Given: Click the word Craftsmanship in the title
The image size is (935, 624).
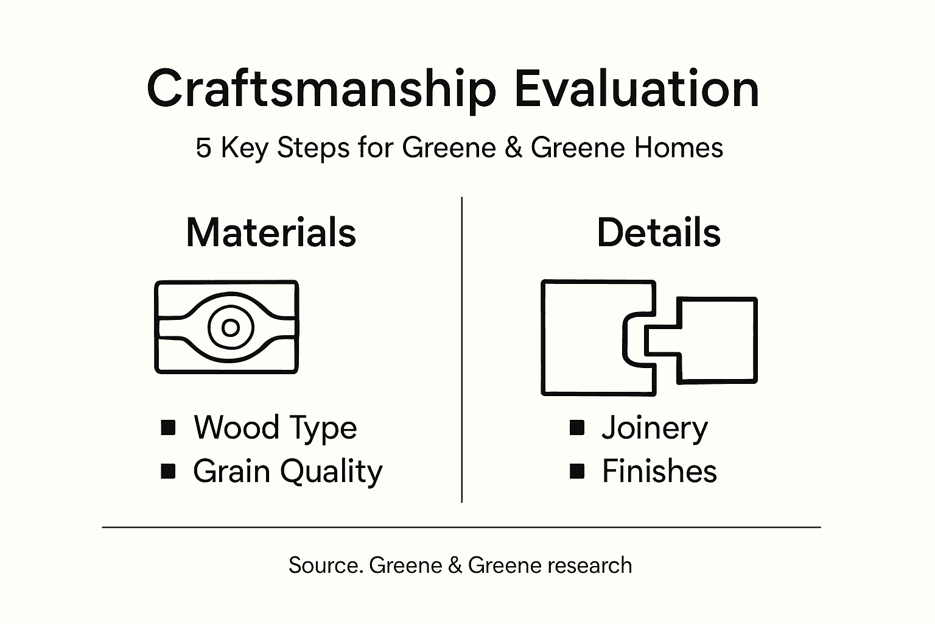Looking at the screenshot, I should [x=321, y=89].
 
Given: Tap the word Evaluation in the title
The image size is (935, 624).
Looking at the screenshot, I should [x=636, y=89].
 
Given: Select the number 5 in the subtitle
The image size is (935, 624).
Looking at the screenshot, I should [x=203, y=148].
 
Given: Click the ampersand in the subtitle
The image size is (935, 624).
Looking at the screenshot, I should [x=513, y=148].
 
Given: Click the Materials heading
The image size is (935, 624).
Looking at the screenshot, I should [x=271, y=232].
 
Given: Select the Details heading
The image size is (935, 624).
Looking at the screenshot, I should [x=659, y=232].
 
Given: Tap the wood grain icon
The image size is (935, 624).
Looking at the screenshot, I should [x=226, y=327].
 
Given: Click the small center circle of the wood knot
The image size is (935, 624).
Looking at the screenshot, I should [x=231, y=328].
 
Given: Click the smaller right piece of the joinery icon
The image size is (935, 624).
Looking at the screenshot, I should [x=718, y=339].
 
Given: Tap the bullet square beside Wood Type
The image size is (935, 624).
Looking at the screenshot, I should [x=168, y=428].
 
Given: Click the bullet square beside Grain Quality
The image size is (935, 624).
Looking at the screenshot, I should [x=168, y=471].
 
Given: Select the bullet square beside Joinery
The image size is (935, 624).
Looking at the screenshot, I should [x=577, y=428].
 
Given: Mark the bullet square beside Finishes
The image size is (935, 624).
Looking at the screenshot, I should [x=577, y=471].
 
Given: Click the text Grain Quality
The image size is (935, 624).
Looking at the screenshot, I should [x=288, y=472].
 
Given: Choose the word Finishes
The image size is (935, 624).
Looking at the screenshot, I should [x=659, y=472].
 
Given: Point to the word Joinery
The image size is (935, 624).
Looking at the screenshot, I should [x=655, y=428].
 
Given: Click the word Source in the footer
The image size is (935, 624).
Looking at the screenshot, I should [x=326, y=565].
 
